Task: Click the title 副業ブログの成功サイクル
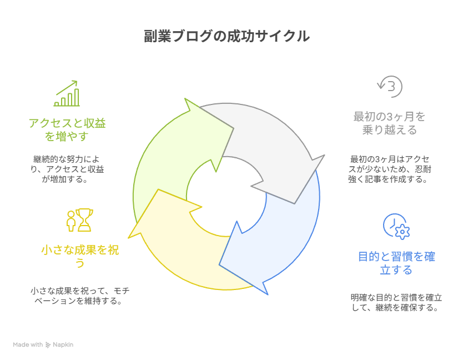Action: click(226, 37)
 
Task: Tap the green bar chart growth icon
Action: click(67, 93)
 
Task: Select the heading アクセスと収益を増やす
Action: click(67, 129)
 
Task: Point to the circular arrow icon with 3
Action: click(390, 86)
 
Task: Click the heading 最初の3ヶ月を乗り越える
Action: click(389, 123)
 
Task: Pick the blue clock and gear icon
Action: click(396, 226)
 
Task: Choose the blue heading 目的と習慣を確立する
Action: click(396, 263)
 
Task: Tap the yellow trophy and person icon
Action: click(80, 220)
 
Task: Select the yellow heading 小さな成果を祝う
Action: click(80, 257)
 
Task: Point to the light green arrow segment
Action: click(167, 156)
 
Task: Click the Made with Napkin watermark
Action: click(43, 345)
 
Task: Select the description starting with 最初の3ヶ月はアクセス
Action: click(389, 169)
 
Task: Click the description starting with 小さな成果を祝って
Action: click(80, 296)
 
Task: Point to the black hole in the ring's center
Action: click(226, 197)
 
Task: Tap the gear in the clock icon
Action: click(401, 232)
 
